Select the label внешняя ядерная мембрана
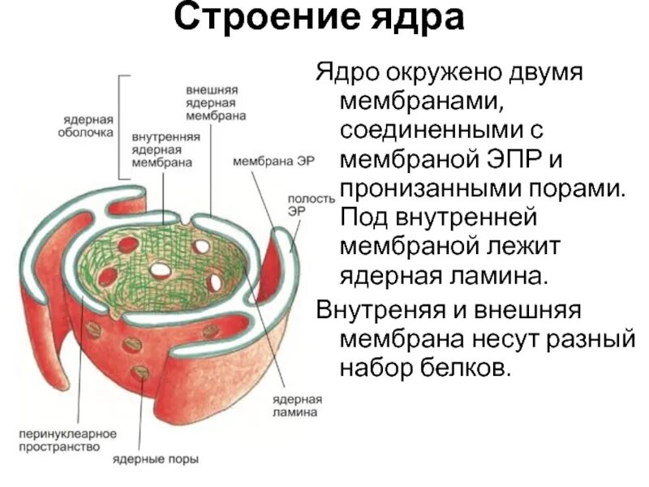217,102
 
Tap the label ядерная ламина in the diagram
301,406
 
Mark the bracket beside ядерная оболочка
123,126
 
